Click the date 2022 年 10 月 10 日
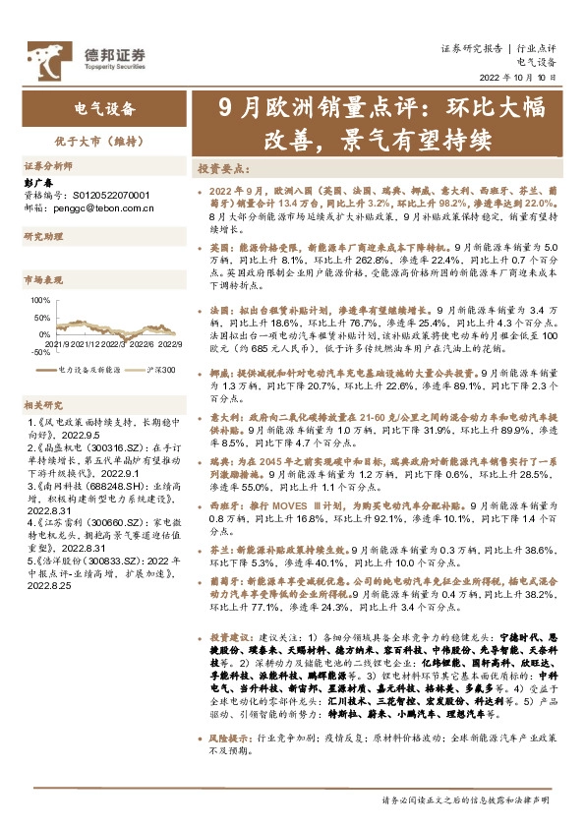point(517,76)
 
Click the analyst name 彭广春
point(37,182)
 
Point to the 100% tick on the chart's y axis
point(40,299)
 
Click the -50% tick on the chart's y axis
point(40,351)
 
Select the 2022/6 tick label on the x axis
point(140,343)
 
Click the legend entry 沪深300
point(161,369)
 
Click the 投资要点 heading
point(223,168)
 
